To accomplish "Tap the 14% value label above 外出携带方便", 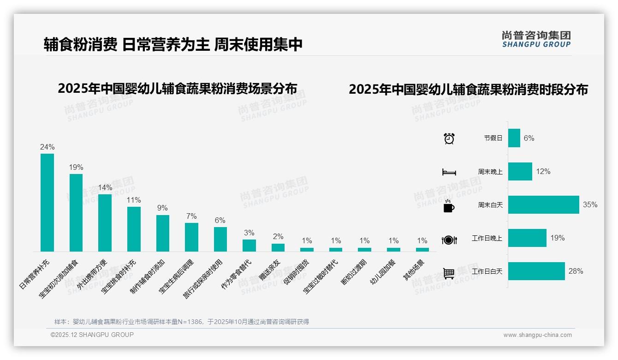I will point(105,188).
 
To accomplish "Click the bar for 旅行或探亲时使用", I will point(220,239).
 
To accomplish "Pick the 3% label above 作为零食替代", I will point(249,233).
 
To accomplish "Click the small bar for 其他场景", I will point(422,250).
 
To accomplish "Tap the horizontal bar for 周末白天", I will point(543,205).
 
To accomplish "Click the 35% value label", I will point(590,205).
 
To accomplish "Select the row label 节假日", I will point(493,138).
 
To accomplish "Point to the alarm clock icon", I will point(449,138).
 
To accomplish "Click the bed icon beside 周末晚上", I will point(449,172).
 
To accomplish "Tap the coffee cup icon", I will point(449,205).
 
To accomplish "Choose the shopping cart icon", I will point(449,273).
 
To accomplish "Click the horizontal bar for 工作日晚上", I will point(527,238).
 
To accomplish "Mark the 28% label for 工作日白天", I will point(576,271).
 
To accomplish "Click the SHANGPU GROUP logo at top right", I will point(536,39).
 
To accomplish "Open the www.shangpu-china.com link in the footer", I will point(537,335).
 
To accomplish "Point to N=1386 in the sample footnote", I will point(190,322).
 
